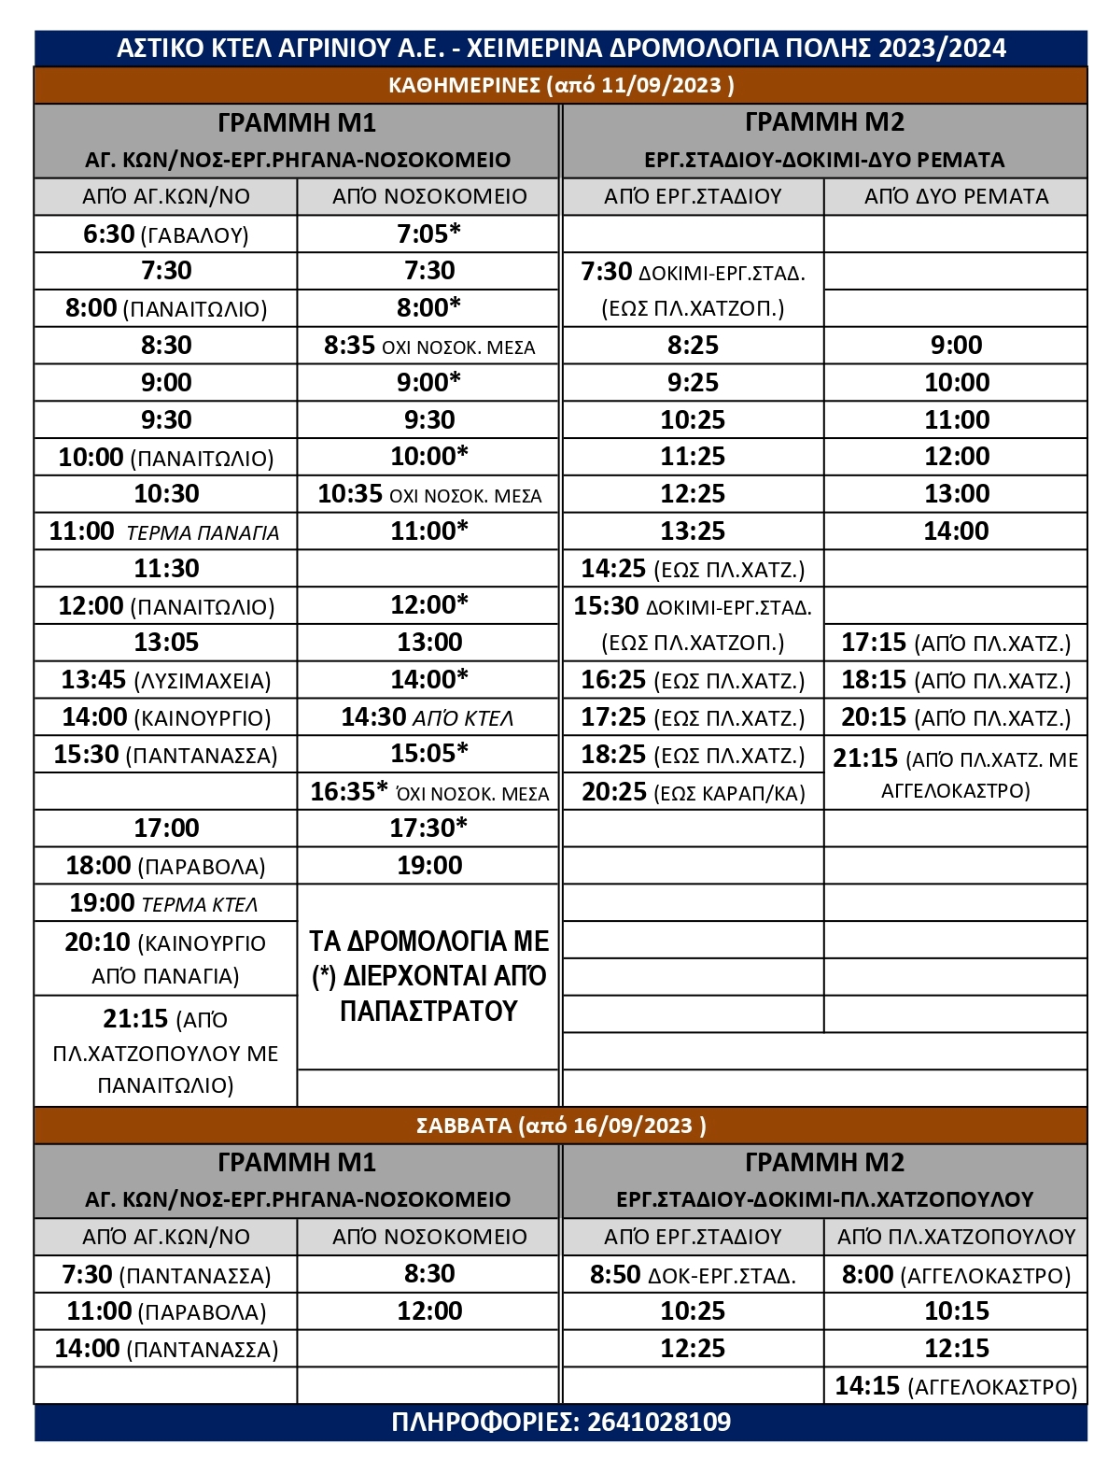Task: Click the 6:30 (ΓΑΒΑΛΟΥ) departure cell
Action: (x=165, y=234)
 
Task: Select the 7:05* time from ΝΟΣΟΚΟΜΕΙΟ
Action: (x=428, y=234)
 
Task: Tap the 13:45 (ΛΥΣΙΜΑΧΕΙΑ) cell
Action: (x=165, y=680)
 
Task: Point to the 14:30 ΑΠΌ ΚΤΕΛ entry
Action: (x=428, y=717)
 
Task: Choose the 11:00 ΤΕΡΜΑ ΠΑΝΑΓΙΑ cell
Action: (x=165, y=531)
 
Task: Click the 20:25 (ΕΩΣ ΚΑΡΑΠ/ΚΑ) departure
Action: (x=693, y=792)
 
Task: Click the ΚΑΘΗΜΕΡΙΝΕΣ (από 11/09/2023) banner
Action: (x=561, y=85)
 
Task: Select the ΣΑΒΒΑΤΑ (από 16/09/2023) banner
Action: (x=561, y=1126)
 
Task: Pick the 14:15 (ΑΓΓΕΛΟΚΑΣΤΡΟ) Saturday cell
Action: (x=956, y=1386)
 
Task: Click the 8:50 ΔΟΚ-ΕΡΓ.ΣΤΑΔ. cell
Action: (x=693, y=1275)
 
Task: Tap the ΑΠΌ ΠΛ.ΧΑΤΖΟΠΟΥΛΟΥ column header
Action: (x=956, y=1237)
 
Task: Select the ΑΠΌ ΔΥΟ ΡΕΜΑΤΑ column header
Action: (x=956, y=196)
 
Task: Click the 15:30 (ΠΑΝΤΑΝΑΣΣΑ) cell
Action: (x=165, y=755)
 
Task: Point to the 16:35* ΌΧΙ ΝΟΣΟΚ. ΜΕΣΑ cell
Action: (x=428, y=792)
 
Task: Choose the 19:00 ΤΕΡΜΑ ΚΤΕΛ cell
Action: (x=165, y=903)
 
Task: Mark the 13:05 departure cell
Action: (x=165, y=643)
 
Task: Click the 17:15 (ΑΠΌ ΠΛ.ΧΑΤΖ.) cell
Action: (x=956, y=643)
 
